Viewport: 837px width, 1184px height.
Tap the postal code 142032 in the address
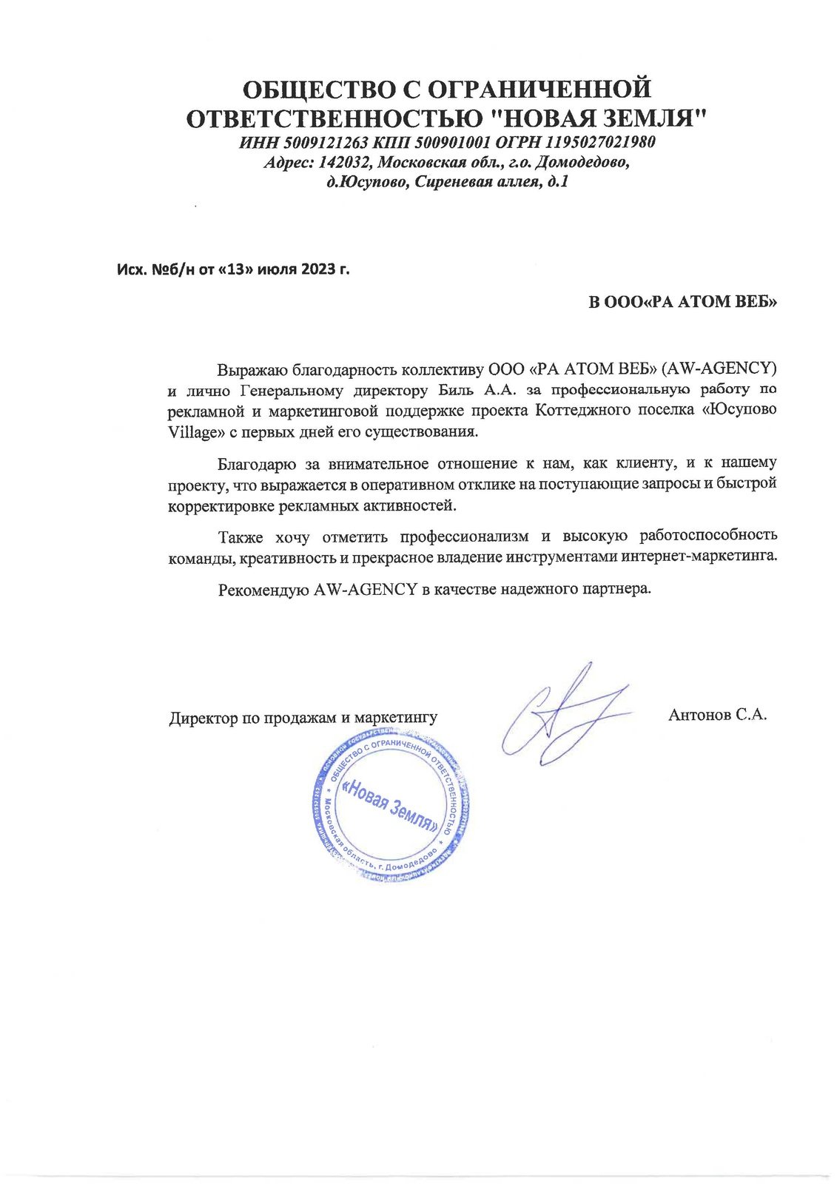click(x=346, y=162)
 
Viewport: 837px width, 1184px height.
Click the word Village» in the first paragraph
click(x=191, y=431)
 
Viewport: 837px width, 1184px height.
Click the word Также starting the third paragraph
click(x=241, y=536)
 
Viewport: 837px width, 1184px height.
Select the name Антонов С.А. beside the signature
click(x=717, y=715)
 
